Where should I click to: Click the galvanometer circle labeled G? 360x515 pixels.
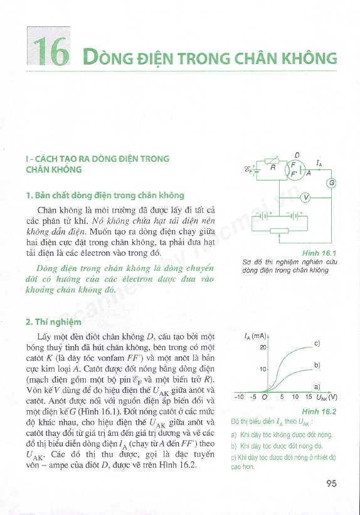point(331,183)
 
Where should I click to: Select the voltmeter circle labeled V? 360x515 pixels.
point(305,199)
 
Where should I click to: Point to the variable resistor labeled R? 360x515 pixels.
point(273,166)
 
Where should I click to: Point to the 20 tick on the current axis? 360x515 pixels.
point(263,346)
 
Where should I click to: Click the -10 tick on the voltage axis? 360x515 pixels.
point(239,397)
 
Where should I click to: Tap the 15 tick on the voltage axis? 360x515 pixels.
point(309,397)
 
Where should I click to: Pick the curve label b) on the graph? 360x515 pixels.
point(317,364)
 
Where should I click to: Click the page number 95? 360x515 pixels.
point(332,484)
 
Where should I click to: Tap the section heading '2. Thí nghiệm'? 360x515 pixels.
point(54,322)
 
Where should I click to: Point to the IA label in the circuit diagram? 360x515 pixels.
point(320,163)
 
